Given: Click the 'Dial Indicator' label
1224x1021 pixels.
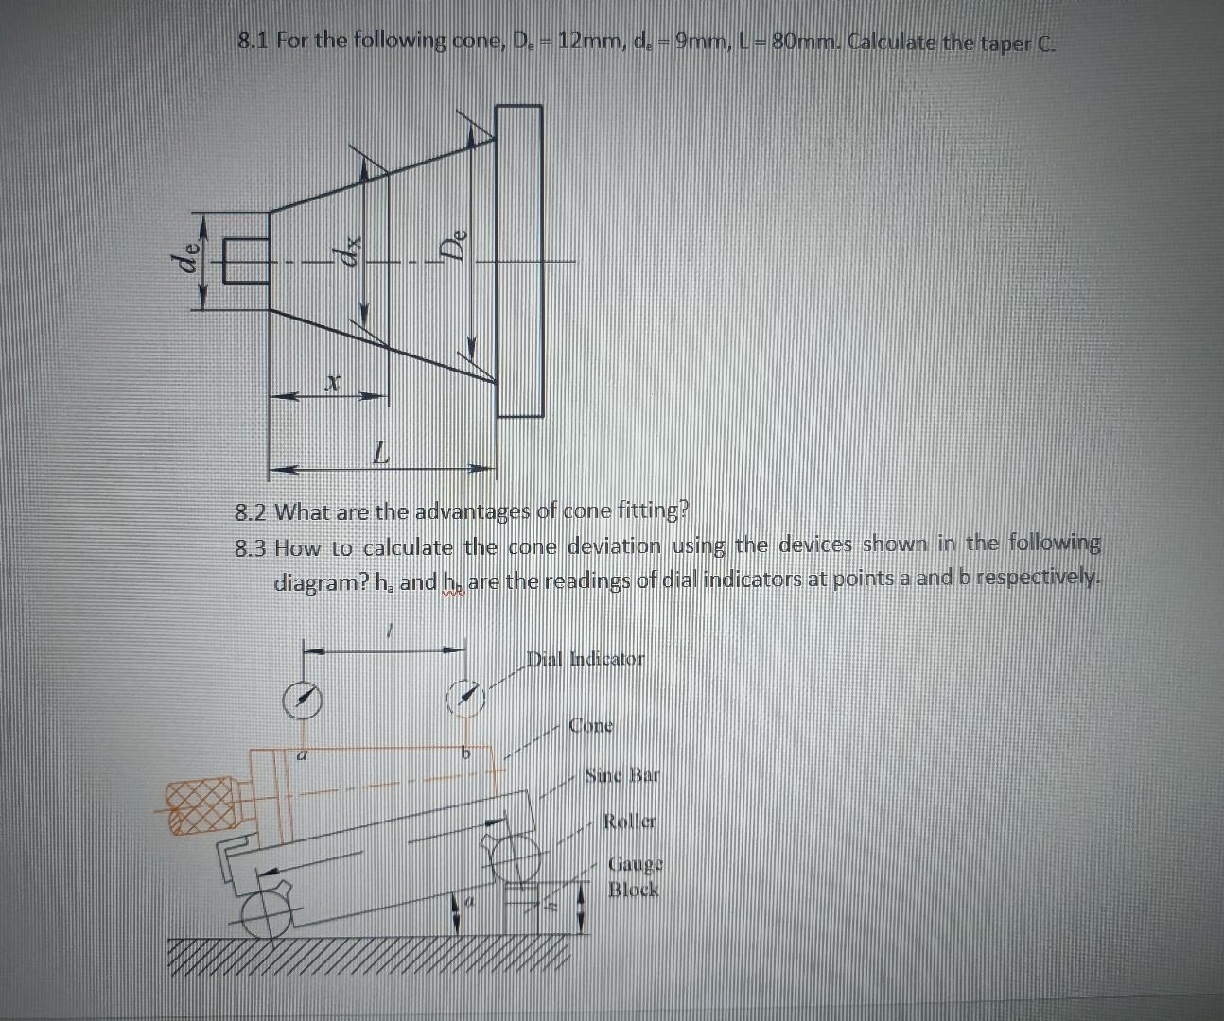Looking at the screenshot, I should [586, 658].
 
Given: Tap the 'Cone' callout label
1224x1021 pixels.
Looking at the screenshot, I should [591, 726].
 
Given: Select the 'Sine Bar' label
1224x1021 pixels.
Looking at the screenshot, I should [621, 776].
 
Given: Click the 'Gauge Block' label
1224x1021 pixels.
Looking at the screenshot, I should [635, 876].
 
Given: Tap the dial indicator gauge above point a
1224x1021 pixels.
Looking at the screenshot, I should [304, 701].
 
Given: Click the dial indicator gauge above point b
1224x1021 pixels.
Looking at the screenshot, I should [465, 699].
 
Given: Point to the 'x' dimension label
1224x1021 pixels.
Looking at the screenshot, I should [330, 381].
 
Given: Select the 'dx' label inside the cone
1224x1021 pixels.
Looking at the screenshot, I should [348, 251].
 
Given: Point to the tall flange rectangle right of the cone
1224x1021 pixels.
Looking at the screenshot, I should [519, 261].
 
